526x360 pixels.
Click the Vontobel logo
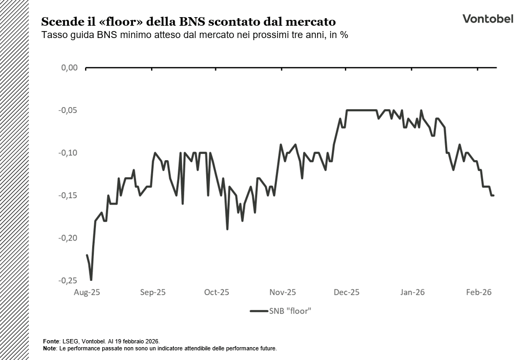(487, 19)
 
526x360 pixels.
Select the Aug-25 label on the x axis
(87, 292)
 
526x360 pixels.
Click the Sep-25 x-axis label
(153, 292)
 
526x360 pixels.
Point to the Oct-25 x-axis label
(216, 292)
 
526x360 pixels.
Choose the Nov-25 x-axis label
(282, 292)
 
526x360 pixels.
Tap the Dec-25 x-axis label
(346, 292)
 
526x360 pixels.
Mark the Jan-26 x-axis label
(412, 292)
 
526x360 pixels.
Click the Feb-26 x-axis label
(478, 292)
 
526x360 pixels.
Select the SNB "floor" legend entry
(281, 311)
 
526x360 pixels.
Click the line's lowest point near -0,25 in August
(91, 280)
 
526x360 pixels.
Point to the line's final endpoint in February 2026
(493, 196)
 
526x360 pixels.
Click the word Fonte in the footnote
(51, 341)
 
